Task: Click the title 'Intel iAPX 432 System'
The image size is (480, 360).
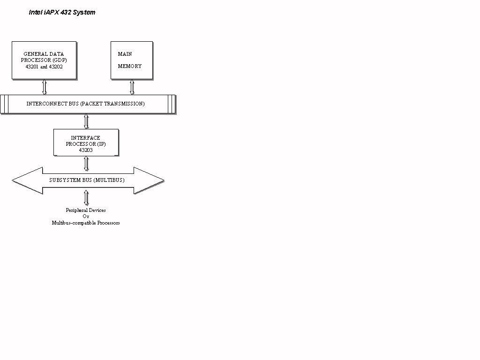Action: click(x=62, y=12)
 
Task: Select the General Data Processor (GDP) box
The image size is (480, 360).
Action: click(x=44, y=60)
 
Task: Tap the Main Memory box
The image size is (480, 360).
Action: click(x=132, y=60)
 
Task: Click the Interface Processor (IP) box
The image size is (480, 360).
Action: click(x=86, y=142)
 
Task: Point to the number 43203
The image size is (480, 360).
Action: click(x=86, y=150)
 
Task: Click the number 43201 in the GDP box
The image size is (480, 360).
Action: click(x=32, y=67)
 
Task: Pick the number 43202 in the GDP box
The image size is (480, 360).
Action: click(x=56, y=67)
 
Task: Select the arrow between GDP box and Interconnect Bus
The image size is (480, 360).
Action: click(x=45, y=87)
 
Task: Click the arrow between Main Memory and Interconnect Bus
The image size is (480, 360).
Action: click(x=132, y=87)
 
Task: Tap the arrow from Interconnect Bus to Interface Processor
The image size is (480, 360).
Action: click(x=86, y=121)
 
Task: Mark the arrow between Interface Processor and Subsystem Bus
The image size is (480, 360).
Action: click(x=86, y=164)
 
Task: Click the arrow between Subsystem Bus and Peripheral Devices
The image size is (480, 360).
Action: click(x=86, y=198)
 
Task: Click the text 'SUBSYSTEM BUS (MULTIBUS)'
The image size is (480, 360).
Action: click(x=87, y=180)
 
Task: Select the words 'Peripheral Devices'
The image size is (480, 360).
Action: click(x=86, y=210)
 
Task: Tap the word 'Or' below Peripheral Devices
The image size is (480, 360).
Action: click(x=86, y=216)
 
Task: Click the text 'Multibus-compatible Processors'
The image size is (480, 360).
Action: click(x=86, y=223)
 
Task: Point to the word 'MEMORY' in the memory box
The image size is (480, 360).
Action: click(x=130, y=66)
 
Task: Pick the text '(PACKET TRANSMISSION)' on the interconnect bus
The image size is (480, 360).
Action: click(x=112, y=104)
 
